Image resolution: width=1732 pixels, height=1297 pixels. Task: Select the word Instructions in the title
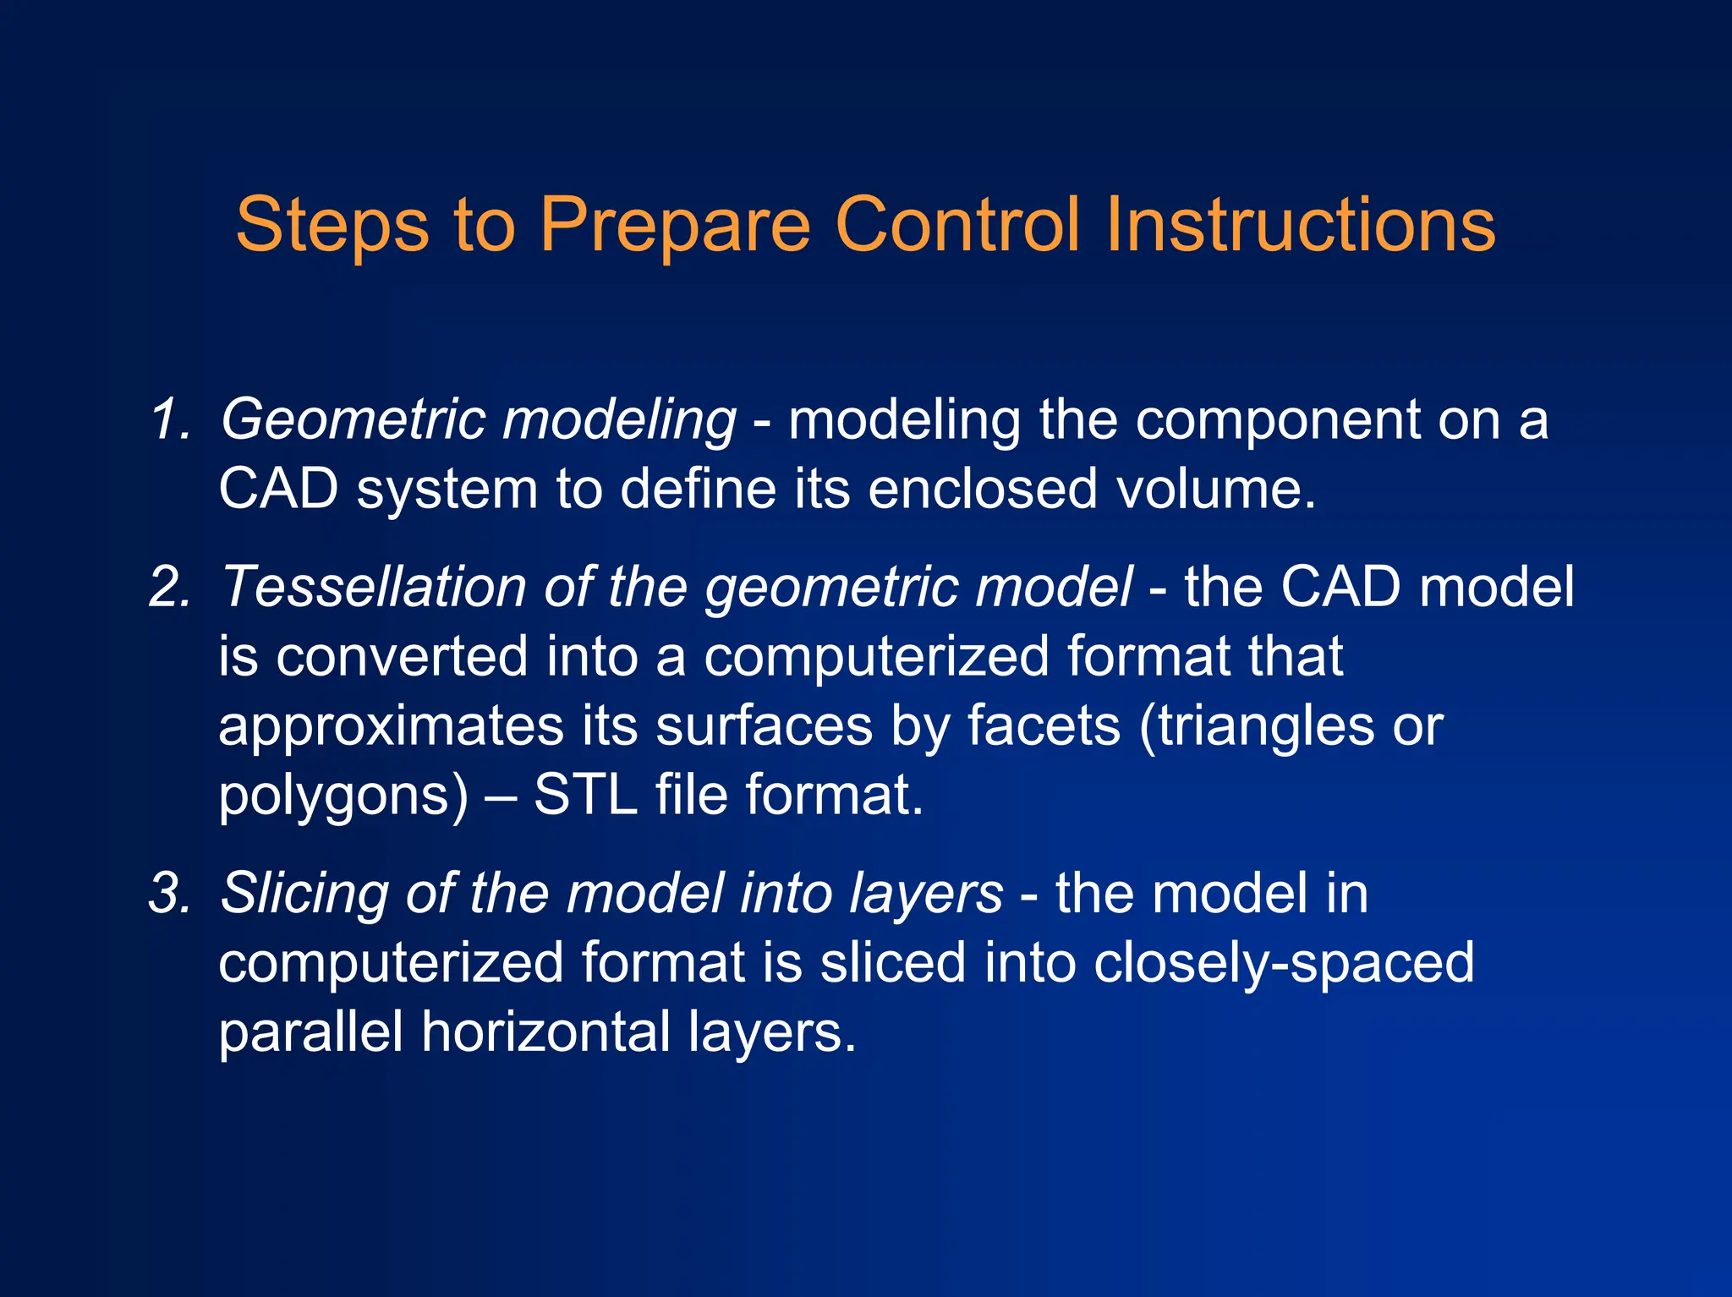[1300, 225]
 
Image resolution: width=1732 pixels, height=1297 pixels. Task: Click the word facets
[1044, 725]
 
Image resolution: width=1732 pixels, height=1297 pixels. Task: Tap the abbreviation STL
[585, 795]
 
